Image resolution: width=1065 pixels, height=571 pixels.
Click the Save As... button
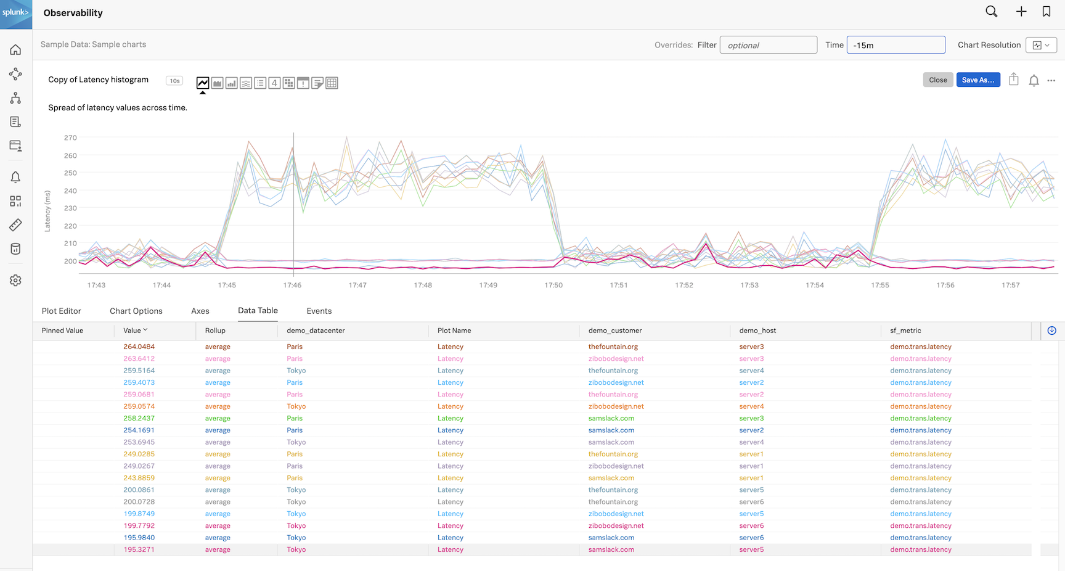click(977, 80)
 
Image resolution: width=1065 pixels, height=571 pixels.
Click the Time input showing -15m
click(896, 45)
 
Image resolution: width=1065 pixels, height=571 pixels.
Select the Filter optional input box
click(768, 45)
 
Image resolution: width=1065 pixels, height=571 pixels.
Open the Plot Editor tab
click(62, 311)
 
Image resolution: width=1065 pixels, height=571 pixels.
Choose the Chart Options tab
click(136, 311)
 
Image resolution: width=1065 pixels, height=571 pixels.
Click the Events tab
click(319, 311)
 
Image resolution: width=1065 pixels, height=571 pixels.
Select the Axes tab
click(200, 311)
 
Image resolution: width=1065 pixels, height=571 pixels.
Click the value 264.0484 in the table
click(139, 347)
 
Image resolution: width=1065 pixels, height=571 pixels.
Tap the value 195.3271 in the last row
click(139, 549)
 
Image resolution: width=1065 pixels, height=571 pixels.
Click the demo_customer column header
click(615, 331)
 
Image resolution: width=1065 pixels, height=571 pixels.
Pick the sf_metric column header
click(905, 331)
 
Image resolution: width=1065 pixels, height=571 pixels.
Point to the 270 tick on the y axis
click(70, 138)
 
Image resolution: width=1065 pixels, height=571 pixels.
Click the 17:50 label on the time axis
click(553, 285)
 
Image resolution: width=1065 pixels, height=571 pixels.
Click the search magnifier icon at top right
click(991, 12)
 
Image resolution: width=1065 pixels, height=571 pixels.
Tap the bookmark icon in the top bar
click(1047, 12)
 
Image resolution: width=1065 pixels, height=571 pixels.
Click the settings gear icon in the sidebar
click(16, 281)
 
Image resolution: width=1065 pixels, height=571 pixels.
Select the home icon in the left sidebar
click(16, 50)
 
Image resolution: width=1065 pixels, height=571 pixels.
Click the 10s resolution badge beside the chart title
click(174, 81)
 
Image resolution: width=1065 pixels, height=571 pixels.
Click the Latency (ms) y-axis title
click(47, 211)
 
